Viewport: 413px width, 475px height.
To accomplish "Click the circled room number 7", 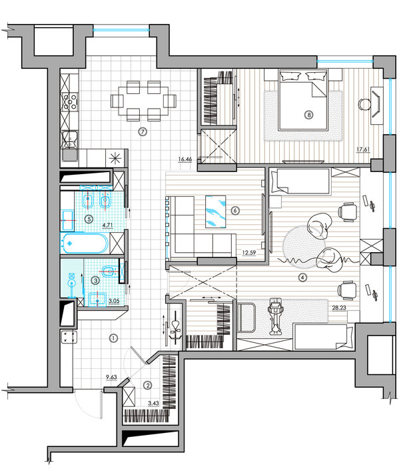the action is click(x=143, y=131).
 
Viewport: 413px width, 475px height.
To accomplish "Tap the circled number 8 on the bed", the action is click(x=308, y=115).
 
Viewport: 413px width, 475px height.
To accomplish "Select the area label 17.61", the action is click(x=363, y=149).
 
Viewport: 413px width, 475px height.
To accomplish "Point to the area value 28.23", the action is click(x=339, y=308).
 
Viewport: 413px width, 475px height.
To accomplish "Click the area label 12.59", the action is click(x=248, y=252).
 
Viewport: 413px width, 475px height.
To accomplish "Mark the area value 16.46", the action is click(x=185, y=159).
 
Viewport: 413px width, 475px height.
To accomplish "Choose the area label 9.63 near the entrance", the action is click(x=111, y=377).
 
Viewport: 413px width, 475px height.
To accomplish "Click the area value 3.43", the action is click(x=153, y=403).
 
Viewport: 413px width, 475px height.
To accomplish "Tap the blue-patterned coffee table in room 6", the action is click(x=215, y=211).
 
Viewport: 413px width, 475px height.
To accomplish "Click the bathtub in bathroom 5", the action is click(x=84, y=243).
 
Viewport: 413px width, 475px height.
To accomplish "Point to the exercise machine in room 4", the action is click(x=275, y=316).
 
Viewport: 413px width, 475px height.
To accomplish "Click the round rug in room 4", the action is click(x=304, y=247).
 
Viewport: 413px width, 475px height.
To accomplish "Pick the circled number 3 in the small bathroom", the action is click(x=96, y=280).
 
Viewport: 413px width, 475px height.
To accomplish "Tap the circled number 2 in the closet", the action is click(x=148, y=386).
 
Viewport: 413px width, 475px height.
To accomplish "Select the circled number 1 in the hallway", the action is click(x=113, y=338).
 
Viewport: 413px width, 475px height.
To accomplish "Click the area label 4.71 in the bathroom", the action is click(x=107, y=225).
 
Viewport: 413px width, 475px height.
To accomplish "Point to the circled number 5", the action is click(x=89, y=218).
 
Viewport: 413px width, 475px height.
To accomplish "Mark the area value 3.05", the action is click(x=114, y=301).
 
